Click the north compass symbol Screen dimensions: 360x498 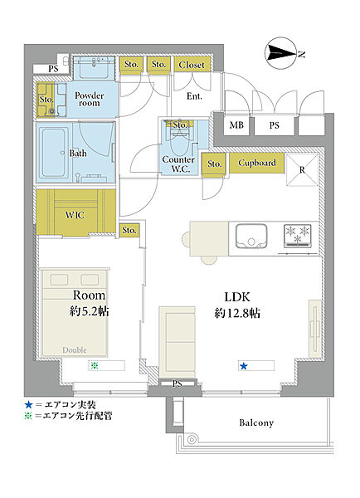click(x=281, y=53)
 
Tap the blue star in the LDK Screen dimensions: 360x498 click(x=244, y=366)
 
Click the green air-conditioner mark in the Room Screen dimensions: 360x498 click(x=94, y=365)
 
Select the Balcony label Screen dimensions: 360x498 click(x=256, y=422)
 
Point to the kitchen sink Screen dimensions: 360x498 click(x=251, y=237)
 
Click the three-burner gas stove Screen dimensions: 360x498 click(x=298, y=236)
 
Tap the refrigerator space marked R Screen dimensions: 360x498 click(x=302, y=169)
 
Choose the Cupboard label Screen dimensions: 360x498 click(x=257, y=163)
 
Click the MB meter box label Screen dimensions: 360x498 click(x=236, y=125)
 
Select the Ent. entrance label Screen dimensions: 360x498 click(x=194, y=96)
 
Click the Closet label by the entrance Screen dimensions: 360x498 click(x=192, y=65)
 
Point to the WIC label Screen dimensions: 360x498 click(x=75, y=215)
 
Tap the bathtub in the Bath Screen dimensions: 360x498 click(x=55, y=153)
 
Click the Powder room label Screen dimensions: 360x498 click(x=90, y=99)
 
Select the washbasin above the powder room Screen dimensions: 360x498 click(x=95, y=66)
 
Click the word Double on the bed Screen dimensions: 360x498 click(x=75, y=350)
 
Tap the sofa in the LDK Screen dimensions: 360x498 click(x=177, y=342)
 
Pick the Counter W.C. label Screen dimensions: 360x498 click(x=178, y=164)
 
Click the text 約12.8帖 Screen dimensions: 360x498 click(x=237, y=313)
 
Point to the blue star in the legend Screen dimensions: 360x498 click(x=28, y=405)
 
